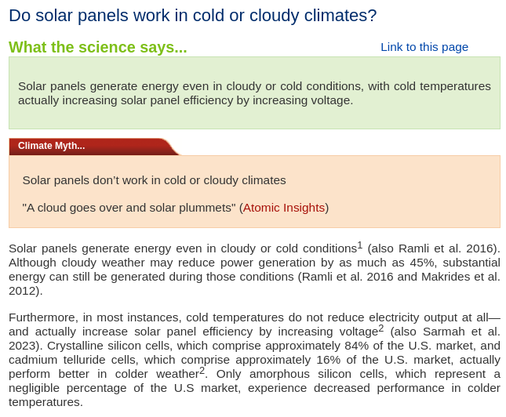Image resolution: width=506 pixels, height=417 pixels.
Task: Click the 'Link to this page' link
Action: (x=424, y=47)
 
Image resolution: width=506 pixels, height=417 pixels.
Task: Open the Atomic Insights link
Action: (x=284, y=208)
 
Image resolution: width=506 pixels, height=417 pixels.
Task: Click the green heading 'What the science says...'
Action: (x=98, y=47)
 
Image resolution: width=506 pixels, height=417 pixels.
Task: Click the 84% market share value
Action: (x=357, y=346)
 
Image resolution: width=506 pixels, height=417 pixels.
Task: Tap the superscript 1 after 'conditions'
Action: (x=360, y=245)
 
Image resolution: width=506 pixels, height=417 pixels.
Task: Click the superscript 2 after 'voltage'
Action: (x=381, y=328)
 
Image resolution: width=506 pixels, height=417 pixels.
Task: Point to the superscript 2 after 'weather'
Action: (x=202, y=371)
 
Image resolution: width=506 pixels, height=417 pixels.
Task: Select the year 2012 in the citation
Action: (x=22, y=291)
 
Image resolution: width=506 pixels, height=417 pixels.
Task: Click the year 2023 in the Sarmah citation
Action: (x=22, y=346)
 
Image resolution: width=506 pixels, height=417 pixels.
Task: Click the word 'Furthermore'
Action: (x=42, y=317)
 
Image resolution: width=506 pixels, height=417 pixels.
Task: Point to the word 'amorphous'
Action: (x=279, y=374)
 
